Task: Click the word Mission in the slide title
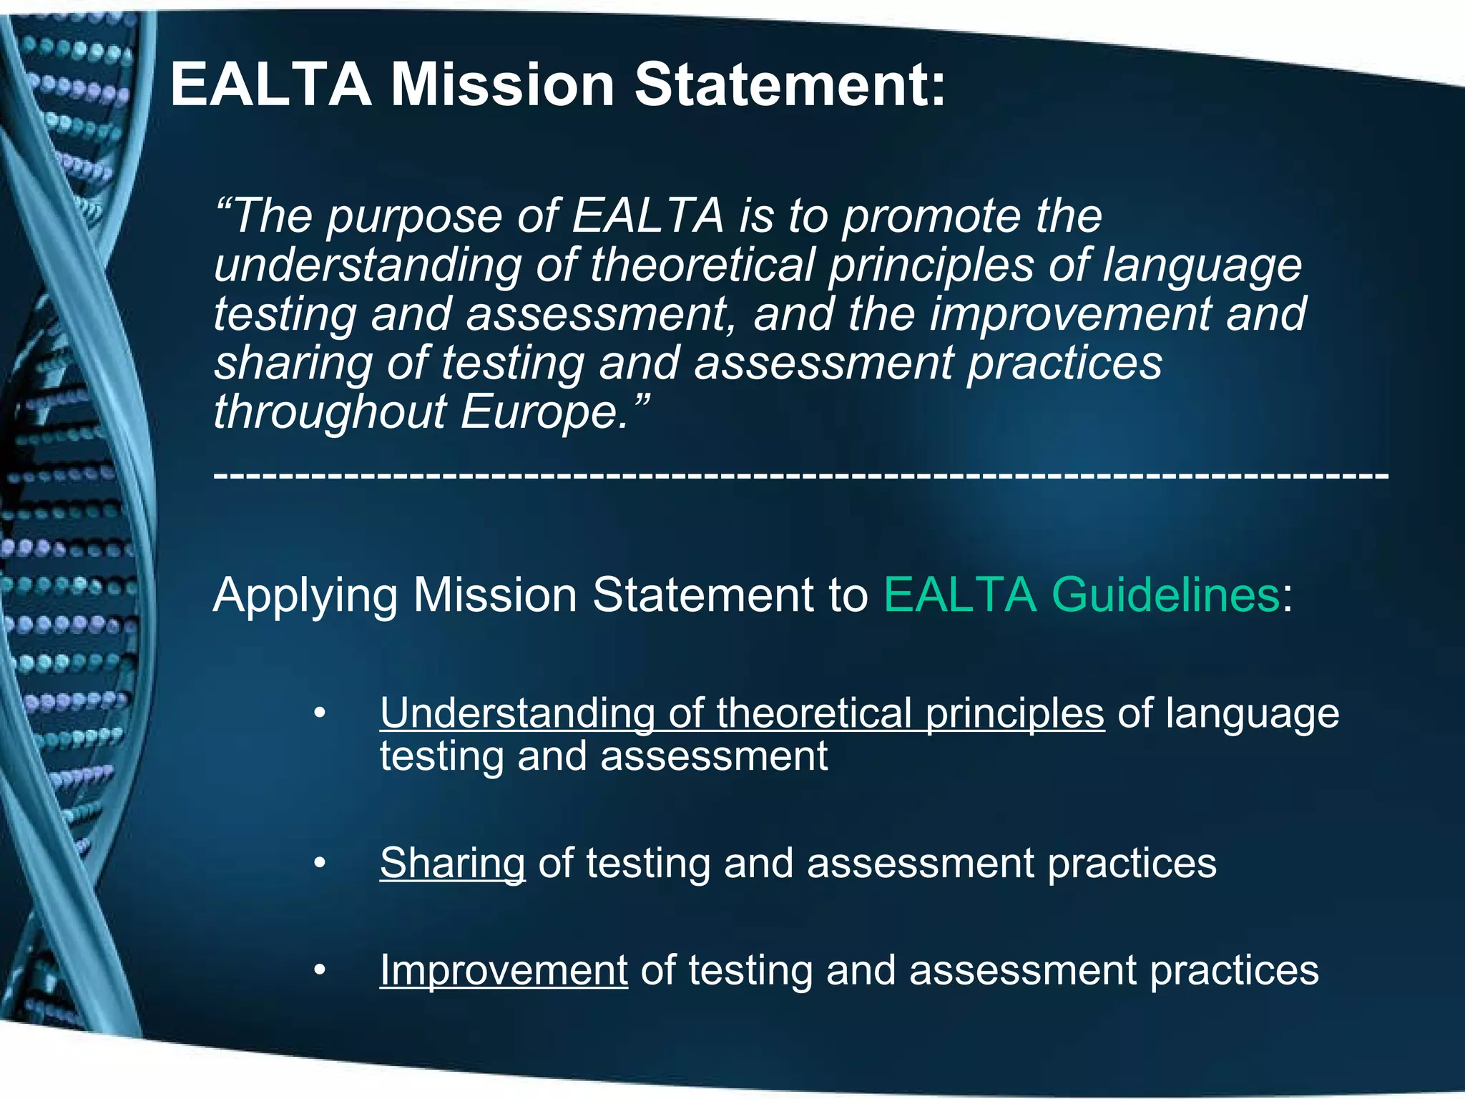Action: pyautogui.click(x=502, y=84)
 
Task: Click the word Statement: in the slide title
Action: pyautogui.click(x=790, y=84)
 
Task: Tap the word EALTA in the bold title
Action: pyautogui.click(x=270, y=84)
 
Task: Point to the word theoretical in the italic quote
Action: pyautogui.click(x=702, y=265)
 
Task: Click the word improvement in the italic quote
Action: pyautogui.click(x=1069, y=314)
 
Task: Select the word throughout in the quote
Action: pyautogui.click(x=330, y=413)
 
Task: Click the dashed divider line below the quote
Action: pyautogui.click(x=801, y=474)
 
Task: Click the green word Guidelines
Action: pyautogui.click(x=1165, y=595)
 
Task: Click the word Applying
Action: pyautogui.click(x=305, y=596)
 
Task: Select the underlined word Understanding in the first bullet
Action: pyautogui.click(x=517, y=713)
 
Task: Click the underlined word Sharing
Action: pyautogui.click(x=452, y=863)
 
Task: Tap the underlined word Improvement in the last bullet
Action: pyautogui.click(x=504, y=970)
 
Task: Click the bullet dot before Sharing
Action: pyautogui.click(x=320, y=864)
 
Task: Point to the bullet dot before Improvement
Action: pyautogui.click(x=320, y=971)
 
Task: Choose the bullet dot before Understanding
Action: pyautogui.click(x=320, y=713)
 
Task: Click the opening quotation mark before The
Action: pyautogui.click(x=222, y=207)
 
